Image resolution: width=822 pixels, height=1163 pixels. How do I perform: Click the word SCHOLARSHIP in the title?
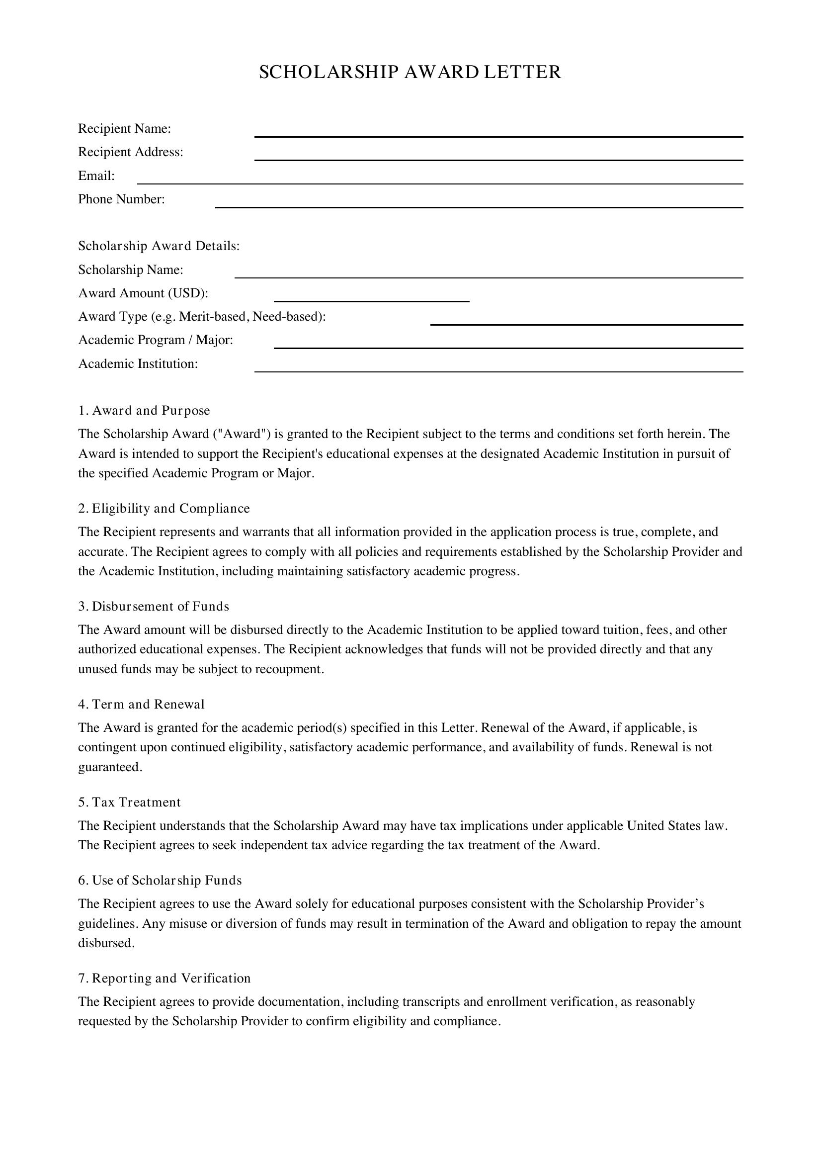pos(329,72)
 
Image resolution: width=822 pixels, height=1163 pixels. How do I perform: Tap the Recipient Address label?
pos(131,152)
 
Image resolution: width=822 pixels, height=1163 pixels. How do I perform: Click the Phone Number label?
pos(121,199)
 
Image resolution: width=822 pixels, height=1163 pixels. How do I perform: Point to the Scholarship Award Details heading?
pos(159,246)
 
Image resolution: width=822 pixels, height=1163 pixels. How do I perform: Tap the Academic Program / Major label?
pos(156,340)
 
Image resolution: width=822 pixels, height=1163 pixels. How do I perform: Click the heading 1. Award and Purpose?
pos(144,410)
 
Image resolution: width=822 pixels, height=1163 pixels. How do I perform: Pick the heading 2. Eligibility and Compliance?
pos(164,509)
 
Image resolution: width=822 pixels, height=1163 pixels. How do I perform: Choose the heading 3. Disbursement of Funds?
pos(154,606)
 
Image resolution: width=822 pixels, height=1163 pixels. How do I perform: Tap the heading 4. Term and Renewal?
pos(141,704)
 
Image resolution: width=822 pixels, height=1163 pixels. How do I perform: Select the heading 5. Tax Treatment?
pos(129,803)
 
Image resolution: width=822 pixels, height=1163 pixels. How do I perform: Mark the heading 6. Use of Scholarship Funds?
pos(160,881)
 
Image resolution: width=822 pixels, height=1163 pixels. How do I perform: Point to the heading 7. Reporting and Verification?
pos(164,978)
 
